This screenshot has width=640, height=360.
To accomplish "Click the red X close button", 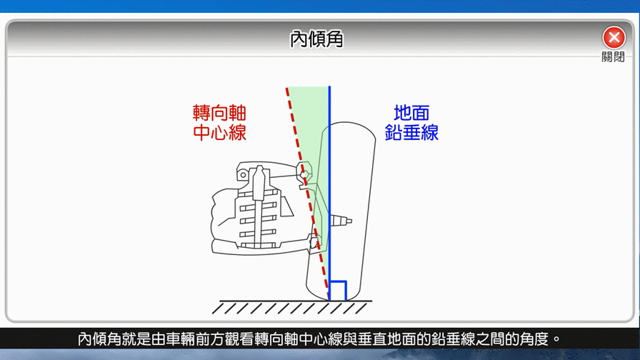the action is coord(614,38).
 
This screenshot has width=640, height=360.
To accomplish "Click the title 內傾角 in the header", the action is coord(316,39).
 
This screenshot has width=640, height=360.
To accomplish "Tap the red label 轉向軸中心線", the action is coord(219,123).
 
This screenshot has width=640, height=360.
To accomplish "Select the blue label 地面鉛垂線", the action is coord(411,123).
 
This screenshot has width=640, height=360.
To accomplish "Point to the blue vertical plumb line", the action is coord(329,194).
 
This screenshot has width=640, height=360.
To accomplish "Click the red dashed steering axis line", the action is coord(308,194).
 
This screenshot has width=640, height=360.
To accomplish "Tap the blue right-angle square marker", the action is coord(339,291).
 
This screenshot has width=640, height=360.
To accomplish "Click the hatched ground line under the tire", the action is coord(291,307).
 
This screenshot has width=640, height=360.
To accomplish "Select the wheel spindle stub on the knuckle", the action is coord(341,221).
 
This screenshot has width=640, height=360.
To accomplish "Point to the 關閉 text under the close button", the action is coord(613,56).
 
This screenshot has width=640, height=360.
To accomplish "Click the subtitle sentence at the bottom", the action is coord(319,339).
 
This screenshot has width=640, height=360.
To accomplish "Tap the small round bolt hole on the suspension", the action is coord(244,175).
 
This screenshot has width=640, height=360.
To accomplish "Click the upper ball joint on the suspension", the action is coord(304,174).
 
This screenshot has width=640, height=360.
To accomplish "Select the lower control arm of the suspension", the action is coord(261,247).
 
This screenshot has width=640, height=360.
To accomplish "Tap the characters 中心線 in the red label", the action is coord(219,133).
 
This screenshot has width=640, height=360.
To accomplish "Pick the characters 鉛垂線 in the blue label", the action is coord(411,133).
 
